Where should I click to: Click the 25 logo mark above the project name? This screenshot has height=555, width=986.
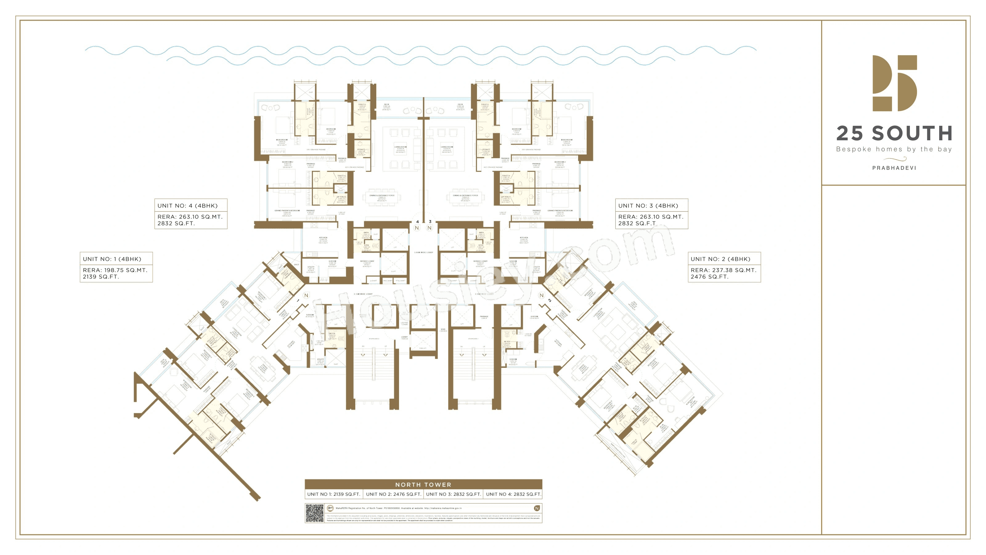pyautogui.click(x=894, y=83)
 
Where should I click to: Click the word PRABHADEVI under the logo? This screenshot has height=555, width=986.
pyautogui.click(x=894, y=168)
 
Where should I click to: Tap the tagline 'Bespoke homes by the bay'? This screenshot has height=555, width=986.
pyautogui.click(x=894, y=149)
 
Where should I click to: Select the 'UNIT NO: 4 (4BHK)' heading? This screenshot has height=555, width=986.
pyautogui.click(x=188, y=206)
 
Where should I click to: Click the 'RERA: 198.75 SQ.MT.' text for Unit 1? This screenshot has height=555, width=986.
pyautogui.click(x=115, y=270)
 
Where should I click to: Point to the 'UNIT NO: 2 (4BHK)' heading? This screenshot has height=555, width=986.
pyautogui.click(x=720, y=259)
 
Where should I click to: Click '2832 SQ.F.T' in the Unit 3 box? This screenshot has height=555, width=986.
pyautogui.click(x=637, y=223)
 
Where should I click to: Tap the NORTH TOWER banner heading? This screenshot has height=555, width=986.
pyautogui.click(x=423, y=484)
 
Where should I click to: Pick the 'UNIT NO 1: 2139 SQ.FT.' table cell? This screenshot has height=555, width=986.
pyautogui.click(x=333, y=494)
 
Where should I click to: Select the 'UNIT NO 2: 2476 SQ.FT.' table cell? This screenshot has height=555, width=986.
pyautogui.click(x=393, y=494)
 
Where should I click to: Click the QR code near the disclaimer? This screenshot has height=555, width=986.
pyautogui.click(x=314, y=513)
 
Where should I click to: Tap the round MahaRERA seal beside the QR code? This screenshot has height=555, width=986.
pyautogui.click(x=330, y=508)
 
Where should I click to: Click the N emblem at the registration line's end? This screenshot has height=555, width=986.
pyautogui.click(x=537, y=508)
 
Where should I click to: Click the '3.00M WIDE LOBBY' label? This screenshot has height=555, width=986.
pyautogui.click(x=423, y=253)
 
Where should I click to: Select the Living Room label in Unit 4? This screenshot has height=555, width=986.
pyautogui.click(x=400, y=147)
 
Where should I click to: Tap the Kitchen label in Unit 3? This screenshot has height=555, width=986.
pyautogui.click(x=524, y=238)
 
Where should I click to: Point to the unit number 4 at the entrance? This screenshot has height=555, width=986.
pyautogui.click(x=417, y=222)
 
